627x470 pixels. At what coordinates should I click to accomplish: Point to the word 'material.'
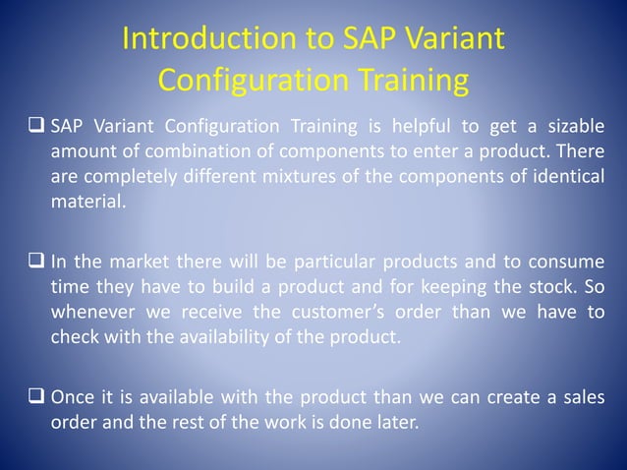click(x=88, y=205)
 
